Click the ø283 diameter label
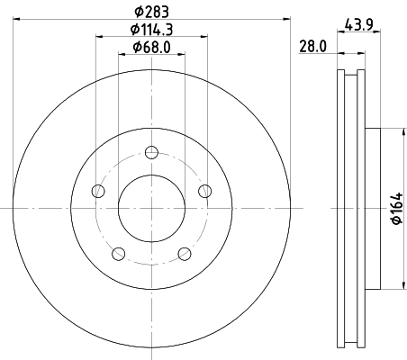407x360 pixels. [150, 12]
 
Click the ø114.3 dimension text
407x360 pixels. [150, 30]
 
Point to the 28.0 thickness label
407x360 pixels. [313, 48]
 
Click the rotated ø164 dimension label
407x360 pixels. [394, 209]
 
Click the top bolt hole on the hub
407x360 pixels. [151, 151]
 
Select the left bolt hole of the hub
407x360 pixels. [97, 190]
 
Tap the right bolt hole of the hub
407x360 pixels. [205, 190]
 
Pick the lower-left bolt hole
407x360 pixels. [118, 253]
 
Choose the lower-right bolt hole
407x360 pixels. [185, 253]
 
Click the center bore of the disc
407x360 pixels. [151, 208]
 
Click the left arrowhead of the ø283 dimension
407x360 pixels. [18, 18]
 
